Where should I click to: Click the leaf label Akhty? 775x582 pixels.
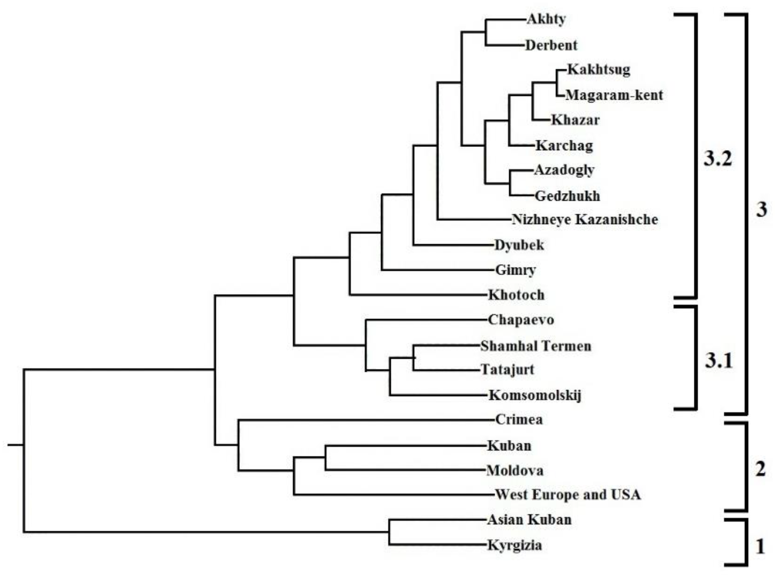[546, 19]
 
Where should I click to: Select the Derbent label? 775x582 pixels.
[551, 45]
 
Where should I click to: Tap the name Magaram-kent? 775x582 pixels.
[614, 95]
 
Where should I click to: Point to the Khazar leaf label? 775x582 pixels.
[575, 120]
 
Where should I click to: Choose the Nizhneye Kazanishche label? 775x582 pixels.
[585, 220]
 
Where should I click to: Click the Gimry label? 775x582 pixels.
[515, 270]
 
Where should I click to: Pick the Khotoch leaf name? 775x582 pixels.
[516, 295]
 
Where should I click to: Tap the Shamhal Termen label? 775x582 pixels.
[536, 346]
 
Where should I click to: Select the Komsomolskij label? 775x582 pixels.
[535, 395]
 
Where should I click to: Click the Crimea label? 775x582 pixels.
[519, 419]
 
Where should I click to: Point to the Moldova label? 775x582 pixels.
[515, 470]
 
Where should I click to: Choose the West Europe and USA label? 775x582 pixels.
[568, 495]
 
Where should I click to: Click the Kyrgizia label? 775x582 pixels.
[515, 545]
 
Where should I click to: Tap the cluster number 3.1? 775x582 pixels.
[718, 361]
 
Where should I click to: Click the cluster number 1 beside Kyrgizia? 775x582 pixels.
[760, 547]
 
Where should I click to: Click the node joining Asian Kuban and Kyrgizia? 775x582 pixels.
[389, 532]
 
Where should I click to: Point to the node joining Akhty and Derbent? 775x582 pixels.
[486, 32]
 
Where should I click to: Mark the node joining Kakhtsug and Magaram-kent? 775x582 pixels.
[557, 83]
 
